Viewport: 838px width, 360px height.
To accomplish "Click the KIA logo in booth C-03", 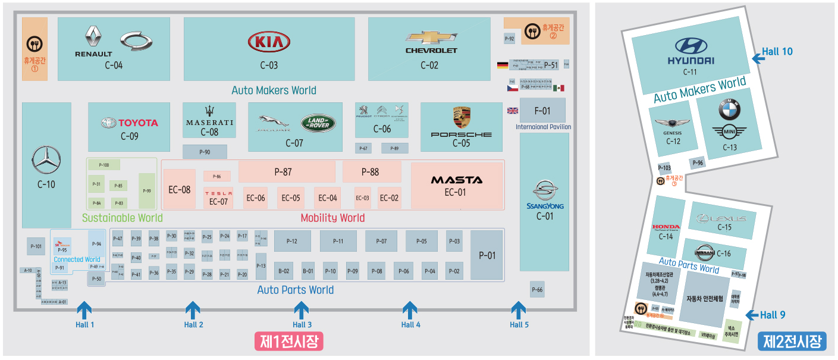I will pyautogui.click(x=269, y=42).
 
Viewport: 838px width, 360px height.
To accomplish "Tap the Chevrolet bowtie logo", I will pyautogui.click(x=431, y=37).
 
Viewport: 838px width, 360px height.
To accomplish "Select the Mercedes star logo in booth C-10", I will pyautogui.click(x=46, y=159).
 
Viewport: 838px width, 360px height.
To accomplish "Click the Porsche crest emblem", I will pyautogui.click(x=462, y=118).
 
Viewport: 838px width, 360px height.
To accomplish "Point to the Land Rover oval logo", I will pyautogui.click(x=318, y=123).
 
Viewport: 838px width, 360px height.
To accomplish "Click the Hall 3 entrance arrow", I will pyautogui.click(x=302, y=310).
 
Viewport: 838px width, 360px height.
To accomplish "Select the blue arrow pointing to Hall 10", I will pyautogui.click(x=757, y=58).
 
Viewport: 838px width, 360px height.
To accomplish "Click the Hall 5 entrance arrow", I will pyautogui.click(x=519, y=310).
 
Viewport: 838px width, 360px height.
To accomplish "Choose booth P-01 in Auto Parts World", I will pyautogui.click(x=487, y=255).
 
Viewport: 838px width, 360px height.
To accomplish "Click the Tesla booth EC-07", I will pyautogui.click(x=218, y=198).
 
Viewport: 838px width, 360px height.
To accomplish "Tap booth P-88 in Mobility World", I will pyautogui.click(x=370, y=172).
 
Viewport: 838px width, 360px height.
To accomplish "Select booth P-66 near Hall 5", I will pyautogui.click(x=537, y=290).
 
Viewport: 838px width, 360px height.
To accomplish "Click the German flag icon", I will pyautogui.click(x=503, y=65).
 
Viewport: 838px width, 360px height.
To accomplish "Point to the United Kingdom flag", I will pyautogui.click(x=512, y=110).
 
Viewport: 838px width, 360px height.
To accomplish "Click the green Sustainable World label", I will pyautogui.click(x=122, y=218).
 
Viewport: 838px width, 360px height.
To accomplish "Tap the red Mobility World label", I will pyautogui.click(x=332, y=218).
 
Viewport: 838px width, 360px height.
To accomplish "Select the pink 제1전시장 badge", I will pyautogui.click(x=288, y=341).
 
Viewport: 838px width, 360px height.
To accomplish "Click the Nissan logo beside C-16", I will pyautogui.click(x=704, y=252).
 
